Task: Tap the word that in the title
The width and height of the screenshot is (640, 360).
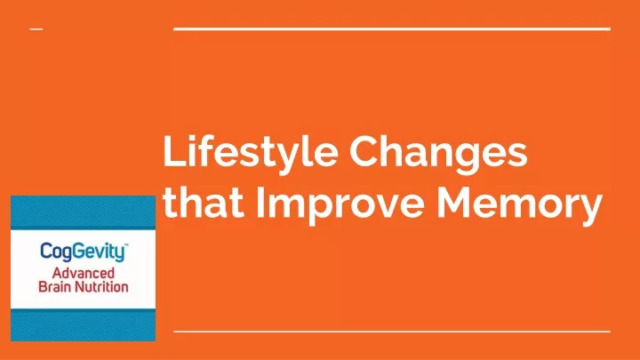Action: coord(204,203)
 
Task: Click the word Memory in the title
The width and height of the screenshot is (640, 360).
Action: coord(519,205)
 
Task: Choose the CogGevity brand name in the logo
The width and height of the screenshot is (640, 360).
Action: coord(82,252)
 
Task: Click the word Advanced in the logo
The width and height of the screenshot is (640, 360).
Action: coord(84,273)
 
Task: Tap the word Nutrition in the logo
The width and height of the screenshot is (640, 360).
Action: coord(99,286)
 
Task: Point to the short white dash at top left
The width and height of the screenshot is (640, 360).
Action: coord(36,29)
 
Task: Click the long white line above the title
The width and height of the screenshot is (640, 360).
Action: coord(392,29)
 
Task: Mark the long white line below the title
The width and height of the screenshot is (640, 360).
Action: coord(392,332)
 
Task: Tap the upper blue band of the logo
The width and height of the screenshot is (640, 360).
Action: coord(84,212)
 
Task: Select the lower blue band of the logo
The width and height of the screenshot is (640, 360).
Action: coord(84,325)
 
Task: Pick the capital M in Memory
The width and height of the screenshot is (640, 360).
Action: coord(454,202)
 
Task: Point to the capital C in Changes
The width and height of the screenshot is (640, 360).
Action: coord(364,150)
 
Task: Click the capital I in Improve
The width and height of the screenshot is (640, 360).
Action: coord(260,202)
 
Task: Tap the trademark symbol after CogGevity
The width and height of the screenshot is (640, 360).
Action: coord(126,245)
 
